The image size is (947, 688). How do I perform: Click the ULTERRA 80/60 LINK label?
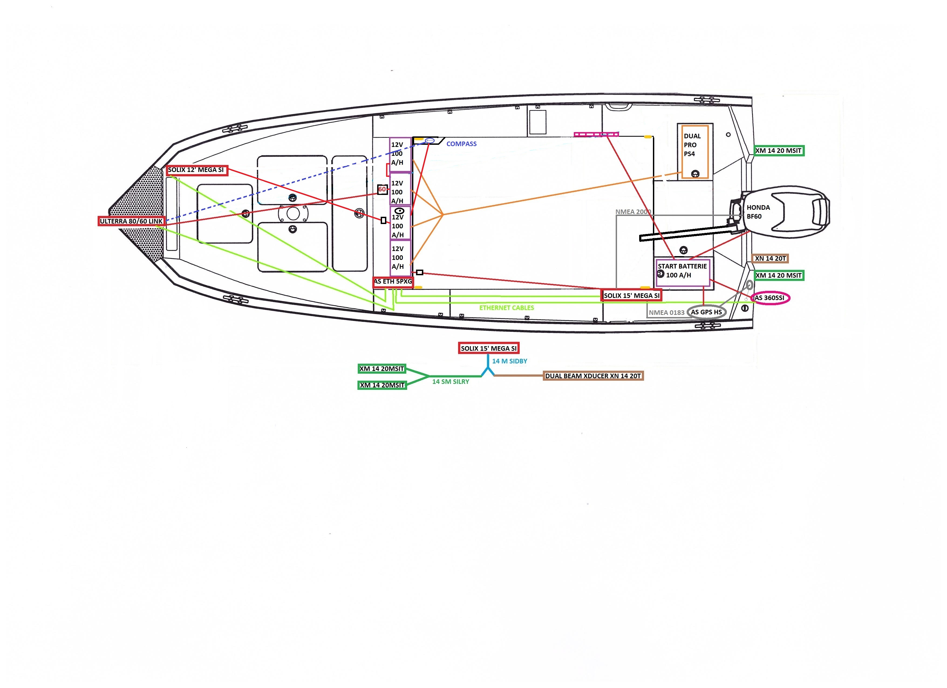[131, 221]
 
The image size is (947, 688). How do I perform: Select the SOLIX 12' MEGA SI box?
[196, 170]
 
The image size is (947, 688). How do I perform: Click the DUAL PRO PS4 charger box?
[694, 152]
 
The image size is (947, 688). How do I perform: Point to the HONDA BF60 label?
[758, 212]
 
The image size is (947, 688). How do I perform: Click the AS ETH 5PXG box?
[393, 282]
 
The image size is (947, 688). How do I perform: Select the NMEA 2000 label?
[633, 212]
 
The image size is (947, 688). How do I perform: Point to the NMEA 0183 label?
[666, 312]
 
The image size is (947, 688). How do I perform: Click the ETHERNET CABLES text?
[506, 308]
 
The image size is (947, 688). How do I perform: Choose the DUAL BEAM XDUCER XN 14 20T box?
[593, 376]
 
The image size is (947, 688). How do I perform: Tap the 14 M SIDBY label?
[509, 361]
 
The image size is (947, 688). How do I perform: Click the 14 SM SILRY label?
[451, 382]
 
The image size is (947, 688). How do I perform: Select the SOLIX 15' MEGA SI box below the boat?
[489, 348]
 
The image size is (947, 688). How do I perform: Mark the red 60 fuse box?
[382, 190]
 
